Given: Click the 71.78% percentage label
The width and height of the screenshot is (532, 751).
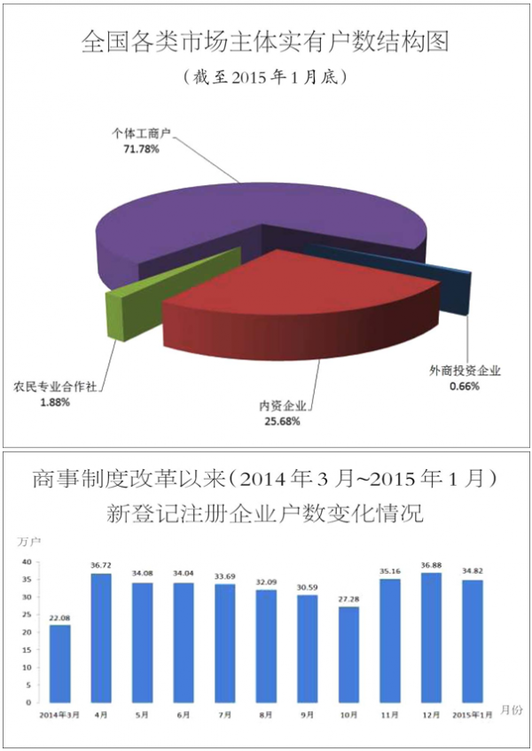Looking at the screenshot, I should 142,149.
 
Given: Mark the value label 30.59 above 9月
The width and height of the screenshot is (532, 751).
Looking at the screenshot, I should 308,587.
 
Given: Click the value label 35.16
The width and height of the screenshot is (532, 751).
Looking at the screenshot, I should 390,571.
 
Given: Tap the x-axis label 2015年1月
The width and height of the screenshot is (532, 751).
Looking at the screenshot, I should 472,714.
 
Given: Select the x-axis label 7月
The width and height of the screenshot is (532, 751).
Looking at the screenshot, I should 225,714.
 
